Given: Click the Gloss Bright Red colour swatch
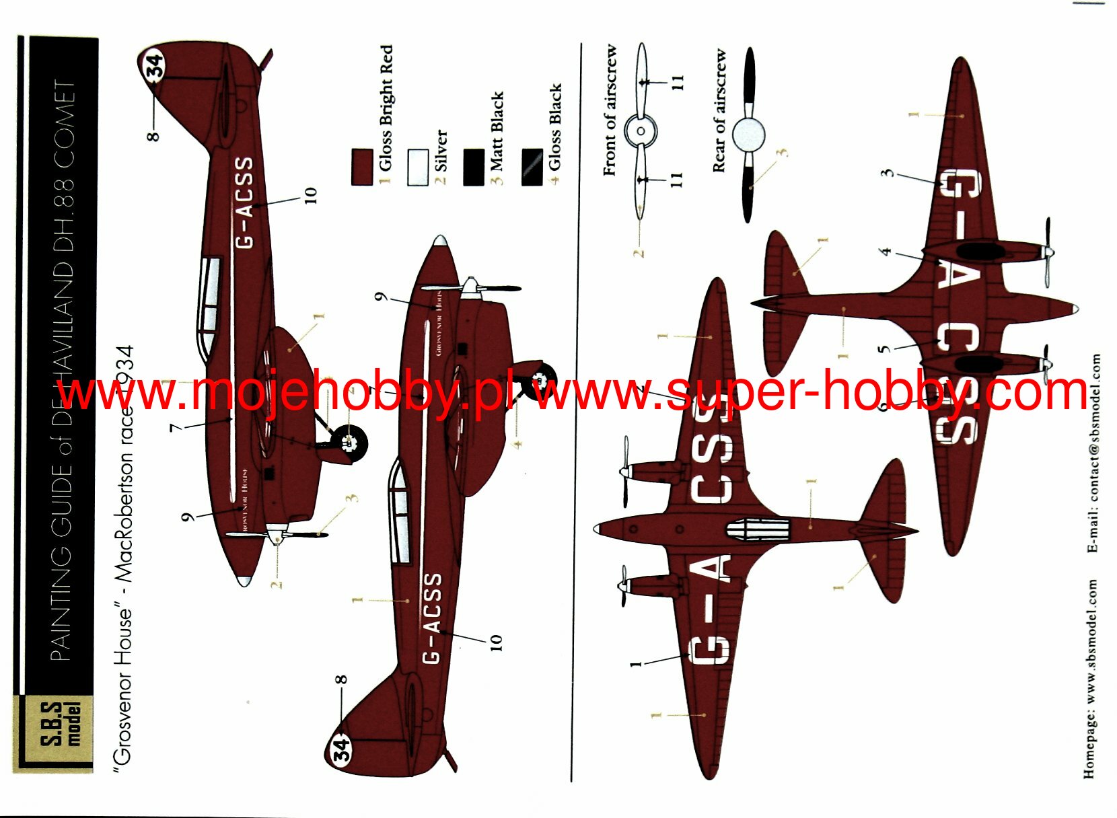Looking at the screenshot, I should (x=362, y=167).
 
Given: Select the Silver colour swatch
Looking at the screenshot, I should (x=418, y=167).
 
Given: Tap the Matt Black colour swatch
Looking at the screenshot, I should (x=474, y=167).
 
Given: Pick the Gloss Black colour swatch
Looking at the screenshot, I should (x=532, y=167).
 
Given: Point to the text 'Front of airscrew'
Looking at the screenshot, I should (x=610, y=110).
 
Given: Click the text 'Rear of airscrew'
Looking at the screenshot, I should (x=719, y=110).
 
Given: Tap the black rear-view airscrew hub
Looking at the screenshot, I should (x=748, y=135).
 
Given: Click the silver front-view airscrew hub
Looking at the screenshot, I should (x=641, y=131).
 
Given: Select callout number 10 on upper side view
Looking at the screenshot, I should (x=310, y=195).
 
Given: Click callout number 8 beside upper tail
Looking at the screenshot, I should (x=154, y=135).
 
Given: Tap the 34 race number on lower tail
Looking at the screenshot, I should (x=341, y=747).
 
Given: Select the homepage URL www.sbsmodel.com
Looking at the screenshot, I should (x=1090, y=679).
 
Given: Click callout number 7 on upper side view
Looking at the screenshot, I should (x=176, y=426).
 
